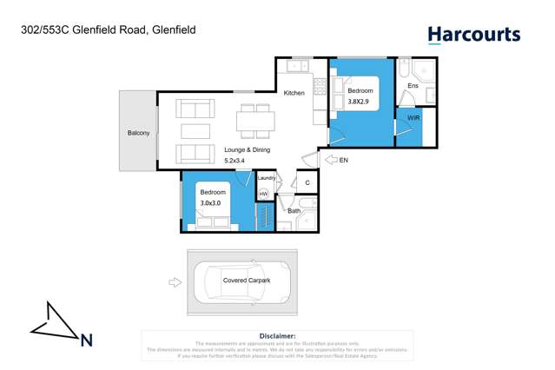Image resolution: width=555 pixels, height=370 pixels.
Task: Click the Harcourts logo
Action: pos(473,36)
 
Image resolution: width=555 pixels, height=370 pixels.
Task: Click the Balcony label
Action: pos(138,133)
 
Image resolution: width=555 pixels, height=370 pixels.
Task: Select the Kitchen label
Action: pos(294,93)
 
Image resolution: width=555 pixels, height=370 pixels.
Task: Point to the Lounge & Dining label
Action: pos(247,149)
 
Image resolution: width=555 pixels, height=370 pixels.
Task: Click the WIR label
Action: pos(413,117)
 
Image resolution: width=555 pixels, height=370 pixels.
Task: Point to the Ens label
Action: pos(413,86)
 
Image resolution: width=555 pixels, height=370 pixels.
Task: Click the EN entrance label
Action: pos(344,161)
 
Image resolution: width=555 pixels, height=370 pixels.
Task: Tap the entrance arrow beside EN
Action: pos(331,160)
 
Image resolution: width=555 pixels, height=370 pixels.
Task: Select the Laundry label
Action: pos(267,178)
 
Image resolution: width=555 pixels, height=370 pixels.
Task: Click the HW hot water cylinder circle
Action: pos(264,194)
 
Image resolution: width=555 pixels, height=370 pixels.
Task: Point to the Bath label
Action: pos(294,211)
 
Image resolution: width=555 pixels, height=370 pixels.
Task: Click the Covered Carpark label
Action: pos(247,281)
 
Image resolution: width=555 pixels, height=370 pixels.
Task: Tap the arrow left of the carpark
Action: pos(175,281)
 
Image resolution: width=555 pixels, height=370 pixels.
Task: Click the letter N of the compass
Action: pos(86,340)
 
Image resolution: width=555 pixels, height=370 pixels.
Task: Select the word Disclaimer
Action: pos(277,336)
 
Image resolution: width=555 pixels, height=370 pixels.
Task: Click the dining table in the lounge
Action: pos(256,120)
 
